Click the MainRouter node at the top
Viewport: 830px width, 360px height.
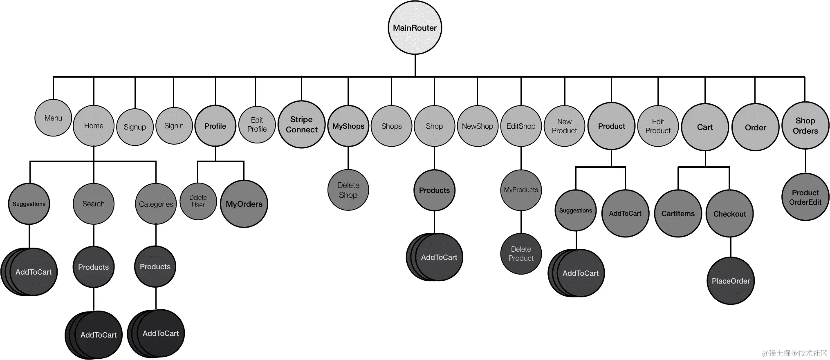pyautogui.click(x=415, y=28)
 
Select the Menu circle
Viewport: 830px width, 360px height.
pyautogui.click(x=53, y=118)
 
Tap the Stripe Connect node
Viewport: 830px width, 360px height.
pyautogui.click(x=301, y=125)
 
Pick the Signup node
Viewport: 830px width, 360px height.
pyautogui.click(x=135, y=127)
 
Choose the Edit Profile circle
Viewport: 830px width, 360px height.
pyautogui.click(x=257, y=125)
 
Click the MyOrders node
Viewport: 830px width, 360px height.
pyautogui.click(x=244, y=204)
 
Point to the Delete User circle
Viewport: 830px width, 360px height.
pyautogui.click(x=198, y=201)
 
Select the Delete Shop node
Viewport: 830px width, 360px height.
pyautogui.click(x=348, y=190)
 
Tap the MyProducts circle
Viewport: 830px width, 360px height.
pyautogui.click(x=520, y=190)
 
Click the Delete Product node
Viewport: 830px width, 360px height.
pyautogui.click(x=521, y=254)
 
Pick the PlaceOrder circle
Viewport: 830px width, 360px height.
pyautogui.click(x=731, y=281)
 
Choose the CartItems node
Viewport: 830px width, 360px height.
pyautogui.click(x=678, y=214)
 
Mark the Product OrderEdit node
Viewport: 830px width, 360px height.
pyautogui.click(x=805, y=197)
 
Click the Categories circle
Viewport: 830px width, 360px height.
pyautogui.click(x=156, y=204)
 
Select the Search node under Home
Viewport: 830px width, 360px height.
pyautogui.click(x=94, y=204)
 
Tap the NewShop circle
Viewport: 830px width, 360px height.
pyautogui.click(x=477, y=126)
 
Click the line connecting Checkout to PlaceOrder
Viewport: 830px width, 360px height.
pyautogui.click(x=731, y=247)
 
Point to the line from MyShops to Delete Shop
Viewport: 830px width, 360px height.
pyautogui.click(x=348, y=158)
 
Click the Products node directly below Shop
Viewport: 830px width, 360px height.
pyautogui.click(x=434, y=190)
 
